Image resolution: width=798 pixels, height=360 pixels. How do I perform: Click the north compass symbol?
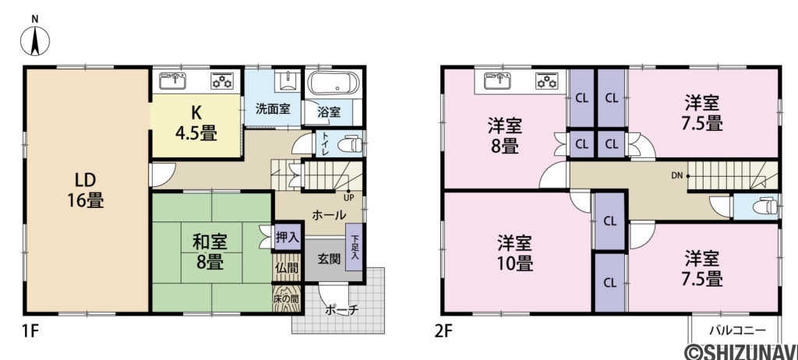point(35,39)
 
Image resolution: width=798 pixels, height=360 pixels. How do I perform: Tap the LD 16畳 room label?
point(86,189)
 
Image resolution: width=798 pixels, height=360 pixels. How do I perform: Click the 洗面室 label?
point(273,109)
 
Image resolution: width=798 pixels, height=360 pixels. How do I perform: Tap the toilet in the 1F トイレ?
point(351,144)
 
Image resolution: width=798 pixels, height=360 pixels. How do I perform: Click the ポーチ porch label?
point(341,310)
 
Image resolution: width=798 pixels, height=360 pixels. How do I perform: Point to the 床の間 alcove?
point(285,300)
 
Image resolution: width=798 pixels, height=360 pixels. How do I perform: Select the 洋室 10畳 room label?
point(515,252)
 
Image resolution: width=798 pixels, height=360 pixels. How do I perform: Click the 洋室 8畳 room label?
point(505,135)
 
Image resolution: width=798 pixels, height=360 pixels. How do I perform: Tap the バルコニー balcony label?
point(732,329)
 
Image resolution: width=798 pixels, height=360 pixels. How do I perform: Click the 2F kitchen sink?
point(499,79)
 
